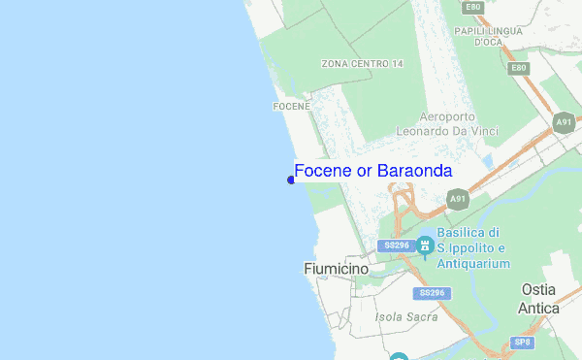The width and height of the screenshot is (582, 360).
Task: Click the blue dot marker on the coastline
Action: pos(291,180)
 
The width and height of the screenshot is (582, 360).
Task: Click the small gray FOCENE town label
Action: pos(291,106)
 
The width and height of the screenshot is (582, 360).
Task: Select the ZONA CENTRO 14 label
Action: pos(362,64)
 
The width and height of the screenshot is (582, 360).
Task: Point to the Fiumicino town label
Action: pos(334,268)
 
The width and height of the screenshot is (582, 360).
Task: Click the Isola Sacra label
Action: pos(403,316)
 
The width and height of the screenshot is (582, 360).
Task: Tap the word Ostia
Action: pos(538,290)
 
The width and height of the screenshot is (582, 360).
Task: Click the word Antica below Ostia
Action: pos(538,309)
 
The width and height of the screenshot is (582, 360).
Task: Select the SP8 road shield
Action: pos(523,342)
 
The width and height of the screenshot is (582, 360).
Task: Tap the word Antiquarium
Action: pos(472,263)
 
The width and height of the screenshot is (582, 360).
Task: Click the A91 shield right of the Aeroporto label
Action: pos(564,122)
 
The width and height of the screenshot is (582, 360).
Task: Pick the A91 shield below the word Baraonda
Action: pos(457,200)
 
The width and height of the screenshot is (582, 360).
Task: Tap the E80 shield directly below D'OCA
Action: pos(519,68)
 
